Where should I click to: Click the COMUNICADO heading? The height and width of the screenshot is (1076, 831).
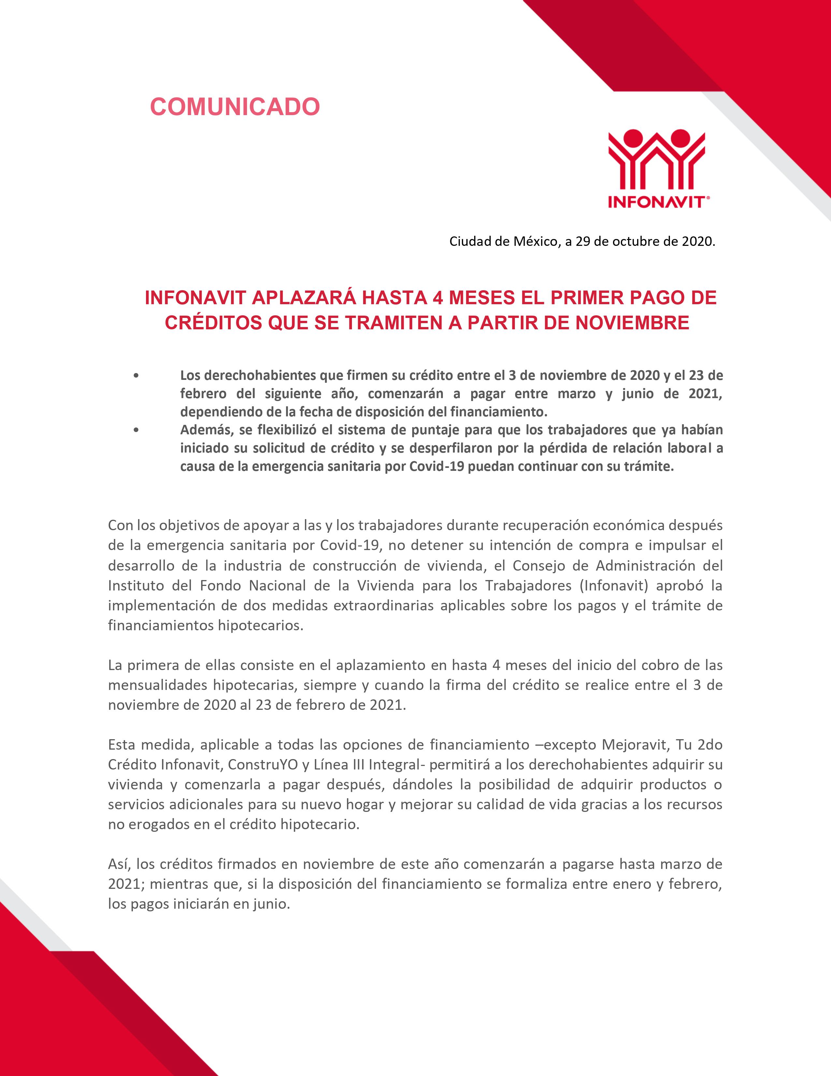pos(235,106)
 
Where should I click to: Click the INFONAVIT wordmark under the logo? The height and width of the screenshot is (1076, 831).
pos(656,202)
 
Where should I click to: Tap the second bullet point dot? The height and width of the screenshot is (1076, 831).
pos(136,430)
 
